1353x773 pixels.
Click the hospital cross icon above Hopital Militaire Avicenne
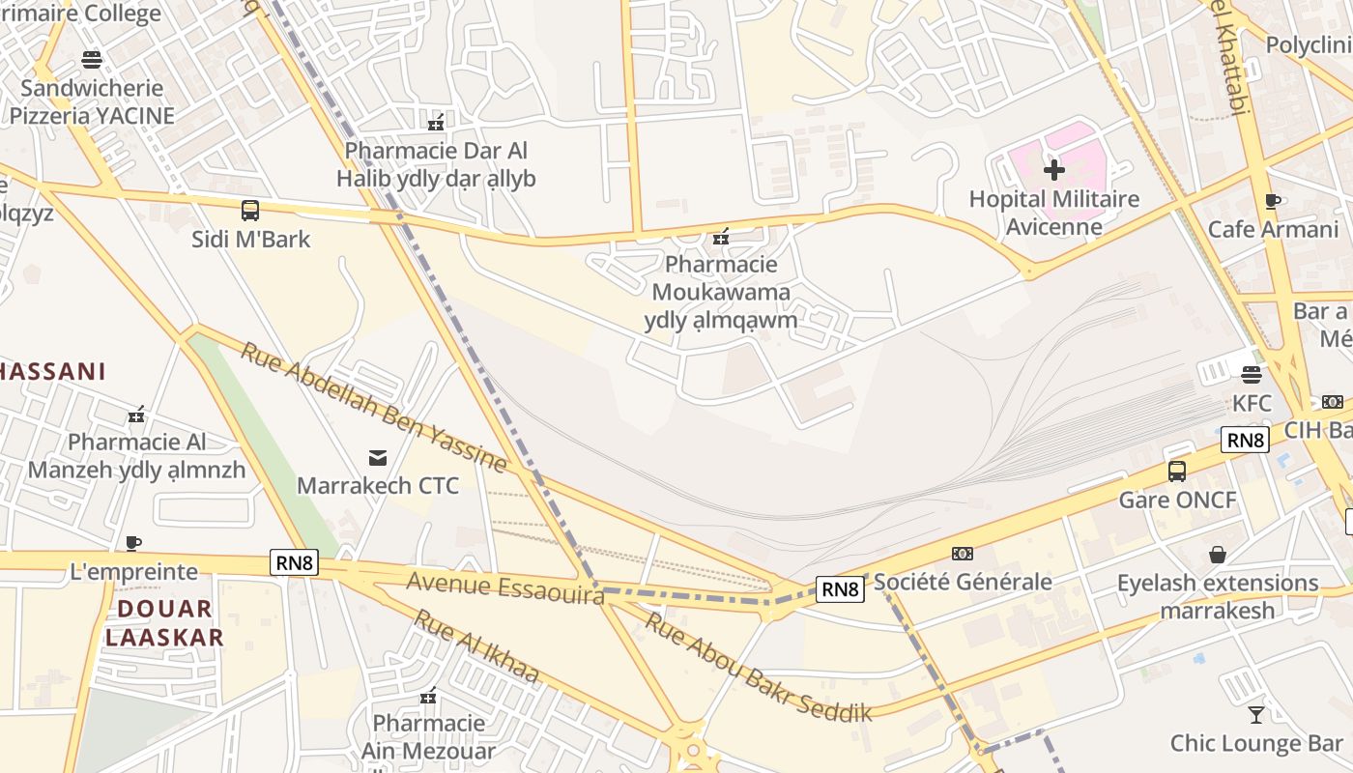[1053, 171]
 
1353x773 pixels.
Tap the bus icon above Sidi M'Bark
[250, 210]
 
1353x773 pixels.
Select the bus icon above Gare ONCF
[1176, 472]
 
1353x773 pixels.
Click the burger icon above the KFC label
[1252, 374]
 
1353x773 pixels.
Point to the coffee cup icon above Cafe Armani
[1273, 201]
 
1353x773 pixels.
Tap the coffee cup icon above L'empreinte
[133, 543]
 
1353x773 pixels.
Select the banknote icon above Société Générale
[962, 554]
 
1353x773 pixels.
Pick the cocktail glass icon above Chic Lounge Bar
[1255, 715]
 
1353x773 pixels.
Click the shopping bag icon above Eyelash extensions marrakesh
[1218, 555]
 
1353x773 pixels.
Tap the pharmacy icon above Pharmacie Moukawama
[720, 236]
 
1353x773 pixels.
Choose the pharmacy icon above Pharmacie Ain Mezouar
[428, 695]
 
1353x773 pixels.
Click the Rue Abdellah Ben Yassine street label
[374, 407]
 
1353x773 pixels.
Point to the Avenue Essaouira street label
[505, 587]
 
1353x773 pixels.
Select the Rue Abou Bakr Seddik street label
[758, 668]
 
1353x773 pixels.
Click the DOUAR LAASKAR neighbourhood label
[164, 622]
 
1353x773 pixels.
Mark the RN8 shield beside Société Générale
[839, 589]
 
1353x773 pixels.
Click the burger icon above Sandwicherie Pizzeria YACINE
[92, 60]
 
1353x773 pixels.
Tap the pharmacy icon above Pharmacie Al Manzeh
[136, 415]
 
